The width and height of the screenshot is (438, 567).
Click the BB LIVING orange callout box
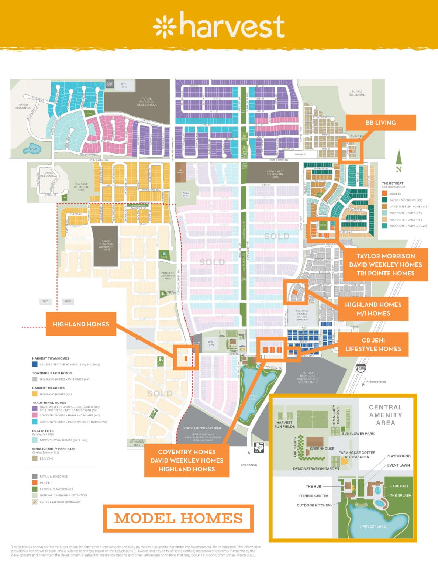pyautogui.click(x=380, y=123)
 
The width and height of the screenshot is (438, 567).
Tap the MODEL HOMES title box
pyautogui.click(x=178, y=518)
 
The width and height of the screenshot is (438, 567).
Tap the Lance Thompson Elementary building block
pyautogui.click(x=106, y=246)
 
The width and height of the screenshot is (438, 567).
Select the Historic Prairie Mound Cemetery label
pyautogui.click(x=302, y=314)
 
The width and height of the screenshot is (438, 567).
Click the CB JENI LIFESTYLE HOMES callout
pyautogui.click(x=373, y=344)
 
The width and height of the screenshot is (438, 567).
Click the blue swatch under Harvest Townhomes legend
pyautogui.click(x=35, y=364)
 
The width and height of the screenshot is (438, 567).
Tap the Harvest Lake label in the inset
pyautogui.click(x=373, y=526)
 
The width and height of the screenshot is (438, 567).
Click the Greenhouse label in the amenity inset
pyautogui.click(x=322, y=449)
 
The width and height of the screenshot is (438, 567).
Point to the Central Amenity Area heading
pyautogui.click(x=386, y=415)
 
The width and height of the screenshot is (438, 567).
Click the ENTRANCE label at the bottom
pyautogui.click(x=249, y=465)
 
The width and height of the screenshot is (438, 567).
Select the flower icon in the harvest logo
pyautogui.click(x=164, y=27)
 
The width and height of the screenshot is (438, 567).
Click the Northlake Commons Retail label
pyautogui.click(x=203, y=428)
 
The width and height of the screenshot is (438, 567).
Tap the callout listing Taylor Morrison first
pyautogui.click(x=386, y=265)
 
